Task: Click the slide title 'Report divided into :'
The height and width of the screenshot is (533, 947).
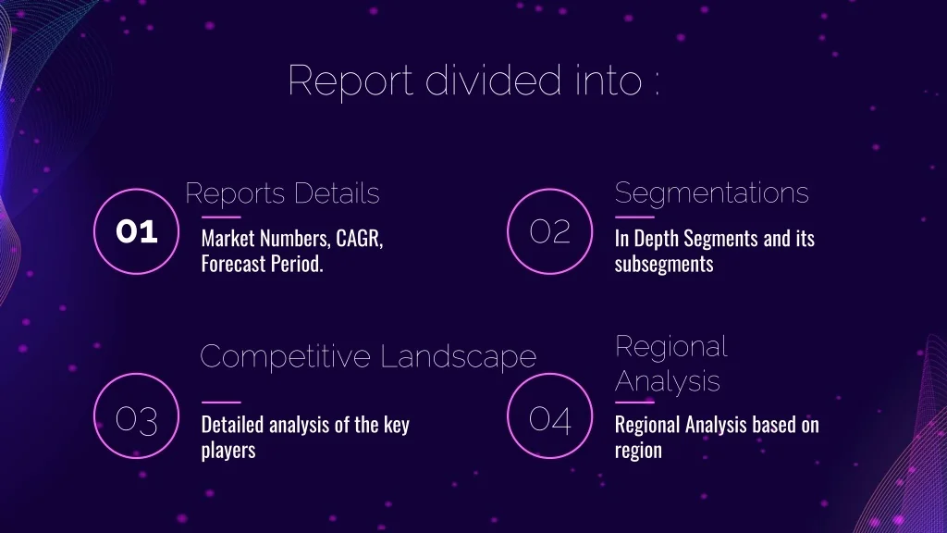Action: coord(473,81)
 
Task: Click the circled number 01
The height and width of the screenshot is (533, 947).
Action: coord(137,231)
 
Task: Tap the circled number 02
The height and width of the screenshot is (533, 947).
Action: coord(549,231)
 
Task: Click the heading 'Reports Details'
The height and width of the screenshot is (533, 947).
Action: coord(282,193)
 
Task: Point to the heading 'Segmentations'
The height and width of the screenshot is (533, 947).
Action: coord(711,193)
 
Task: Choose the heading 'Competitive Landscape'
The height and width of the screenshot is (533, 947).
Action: coord(368,356)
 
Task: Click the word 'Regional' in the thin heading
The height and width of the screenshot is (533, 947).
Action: coord(671,347)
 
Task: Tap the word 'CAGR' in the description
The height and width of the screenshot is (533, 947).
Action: coord(360,239)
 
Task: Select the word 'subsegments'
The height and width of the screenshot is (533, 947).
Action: coord(664,265)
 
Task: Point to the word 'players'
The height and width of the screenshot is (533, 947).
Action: coord(228,451)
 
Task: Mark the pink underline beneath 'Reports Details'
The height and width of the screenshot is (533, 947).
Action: coord(221,217)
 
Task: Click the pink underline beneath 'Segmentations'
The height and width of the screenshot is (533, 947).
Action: coord(634,217)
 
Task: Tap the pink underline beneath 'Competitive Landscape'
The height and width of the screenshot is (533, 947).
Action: coord(221,402)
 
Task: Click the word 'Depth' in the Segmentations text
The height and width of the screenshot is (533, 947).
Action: coord(657,239)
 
